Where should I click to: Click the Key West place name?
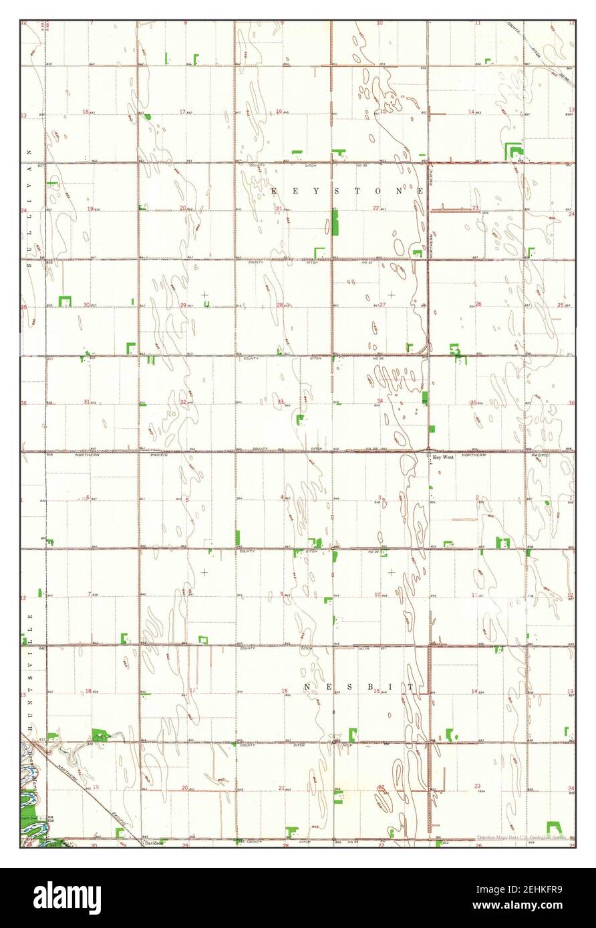pyautogui.click(x=443, y=457)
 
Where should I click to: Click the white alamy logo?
pyautogui.click(x=67, y=897)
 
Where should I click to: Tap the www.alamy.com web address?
pyautogui.click(x=523, y=907)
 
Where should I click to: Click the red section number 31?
pyautogui.click(x=86, y=401)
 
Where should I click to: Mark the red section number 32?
pyautogui.click(x=183, y=402)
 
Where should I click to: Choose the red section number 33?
pyautogui.click(x=280, y=401)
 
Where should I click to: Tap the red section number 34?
pyautogui.click(x=379, y=401)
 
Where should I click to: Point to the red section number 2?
pyautogui.click(x=477, y=497)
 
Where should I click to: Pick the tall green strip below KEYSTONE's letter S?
pyautogui.click(x=335, y=222)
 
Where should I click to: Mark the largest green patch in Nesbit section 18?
pyautogui.click(x=100, y=735)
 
